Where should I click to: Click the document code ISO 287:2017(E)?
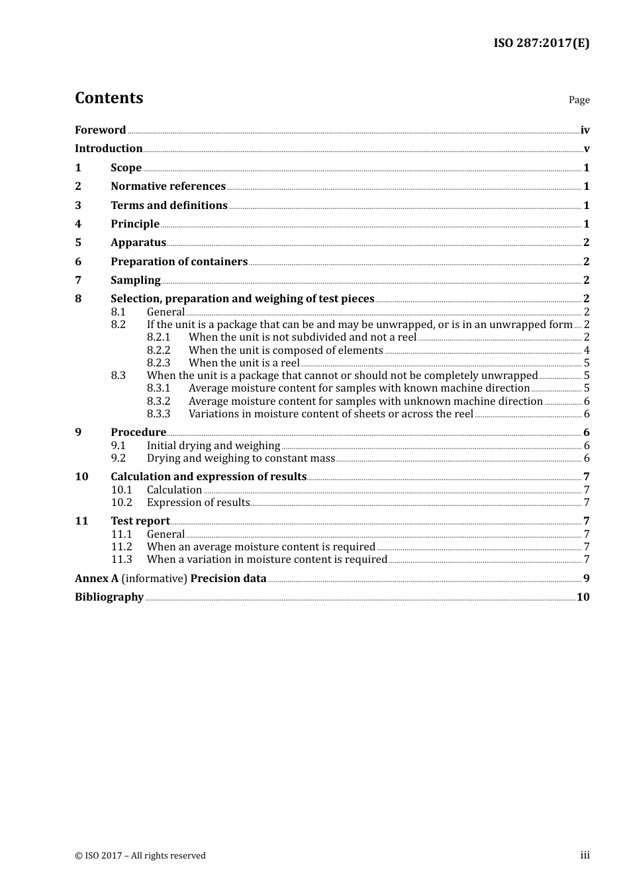coord(541,44)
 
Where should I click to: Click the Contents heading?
coord(109,98)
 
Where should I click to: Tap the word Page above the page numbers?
coord(579,100)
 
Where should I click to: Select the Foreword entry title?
coord(100,130)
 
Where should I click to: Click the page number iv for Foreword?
coord(585,130)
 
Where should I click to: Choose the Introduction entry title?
coord(109,149)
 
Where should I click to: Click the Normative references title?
coord(168,187)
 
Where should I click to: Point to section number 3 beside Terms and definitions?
coord(78,206)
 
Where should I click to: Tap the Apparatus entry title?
coord(138,243)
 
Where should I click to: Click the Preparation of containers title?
coord(179,262)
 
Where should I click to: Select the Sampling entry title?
coord(135,280)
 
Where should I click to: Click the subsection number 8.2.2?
coord(158,351)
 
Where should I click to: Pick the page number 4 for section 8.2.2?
coord(587,351)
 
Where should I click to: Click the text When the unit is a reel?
coord(244,363)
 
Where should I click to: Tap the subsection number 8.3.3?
coord(158,414)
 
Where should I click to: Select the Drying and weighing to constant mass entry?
coord(241,458)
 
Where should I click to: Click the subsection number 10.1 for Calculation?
coord(121,490)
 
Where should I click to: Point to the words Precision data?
coord(228,579)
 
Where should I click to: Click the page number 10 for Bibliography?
coord(583,597)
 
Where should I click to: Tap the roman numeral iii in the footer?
coord(585,855)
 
